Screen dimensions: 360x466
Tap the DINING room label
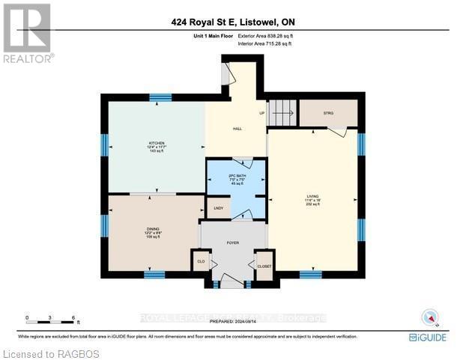[153, 229]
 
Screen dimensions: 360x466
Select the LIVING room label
[312, 196]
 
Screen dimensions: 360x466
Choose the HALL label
[237, 129]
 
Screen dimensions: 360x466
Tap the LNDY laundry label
[219, 208]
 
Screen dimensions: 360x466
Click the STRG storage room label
[327, 113]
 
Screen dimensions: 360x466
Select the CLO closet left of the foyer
[200, 262]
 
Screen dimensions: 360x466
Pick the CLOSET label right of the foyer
[264, 265]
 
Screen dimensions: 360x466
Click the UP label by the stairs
[262, 114]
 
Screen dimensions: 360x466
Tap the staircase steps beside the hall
[282, 113]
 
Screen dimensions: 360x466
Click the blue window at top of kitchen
[160, 97]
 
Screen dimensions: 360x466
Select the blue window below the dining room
[154, 275]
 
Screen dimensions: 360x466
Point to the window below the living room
[310, 275]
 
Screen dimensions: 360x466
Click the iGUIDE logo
[429, 338]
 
